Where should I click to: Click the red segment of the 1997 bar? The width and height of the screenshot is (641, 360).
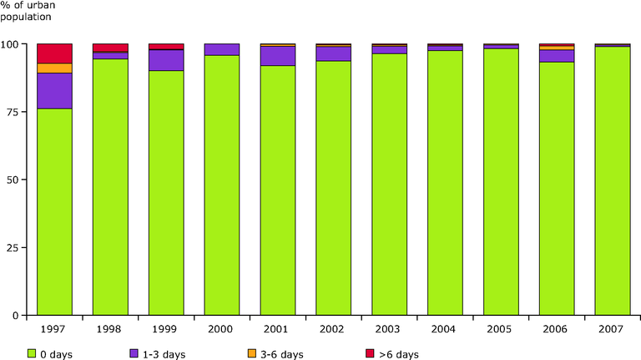click(x=54, y=53)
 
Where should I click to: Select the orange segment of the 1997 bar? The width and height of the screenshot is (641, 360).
click(x=54, y=68)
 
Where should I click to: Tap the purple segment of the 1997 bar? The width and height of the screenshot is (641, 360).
click(x=54, y=91)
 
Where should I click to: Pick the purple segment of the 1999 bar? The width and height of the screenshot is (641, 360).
click(x=166, y=60)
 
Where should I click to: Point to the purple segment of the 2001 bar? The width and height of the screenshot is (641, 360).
click(x=278, y=56)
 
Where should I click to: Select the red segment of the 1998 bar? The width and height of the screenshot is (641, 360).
click(x=110, y=48)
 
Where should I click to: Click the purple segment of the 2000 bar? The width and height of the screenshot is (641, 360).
click(x=222, y=49)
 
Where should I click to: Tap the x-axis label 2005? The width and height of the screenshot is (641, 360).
click(x=501, y=328)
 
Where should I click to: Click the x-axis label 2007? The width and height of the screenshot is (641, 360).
click(x=613, y=328)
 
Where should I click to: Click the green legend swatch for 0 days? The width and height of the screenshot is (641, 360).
click(x=33, y=353)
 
